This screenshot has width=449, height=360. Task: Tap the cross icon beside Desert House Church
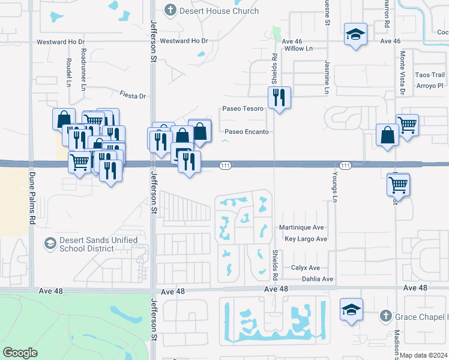[171, 10]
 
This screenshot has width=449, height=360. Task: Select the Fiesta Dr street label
[133, 95]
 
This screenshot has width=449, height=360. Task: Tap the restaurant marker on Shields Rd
[279, 97]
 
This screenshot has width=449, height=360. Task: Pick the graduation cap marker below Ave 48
[351, 310]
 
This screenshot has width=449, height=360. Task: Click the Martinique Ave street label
[301, 227]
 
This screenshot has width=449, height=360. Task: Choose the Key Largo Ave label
[306, 239]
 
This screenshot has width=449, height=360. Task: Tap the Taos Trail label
[429, 74]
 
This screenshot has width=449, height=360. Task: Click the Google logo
[20, 353]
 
